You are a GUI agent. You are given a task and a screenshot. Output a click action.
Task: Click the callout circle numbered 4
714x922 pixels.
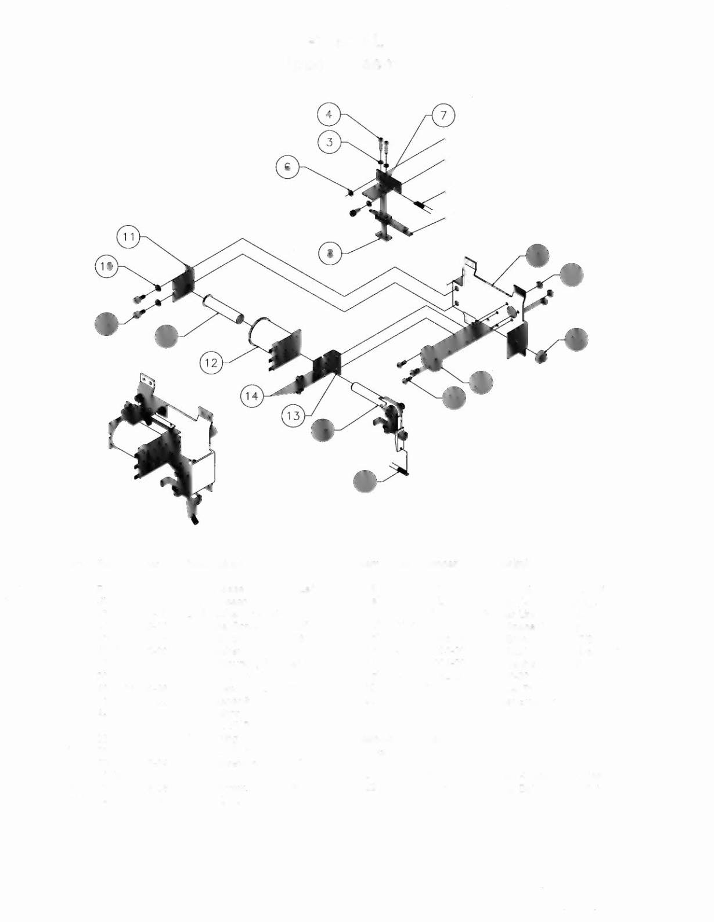329,114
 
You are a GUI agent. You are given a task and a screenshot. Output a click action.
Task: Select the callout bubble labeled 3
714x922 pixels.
330,142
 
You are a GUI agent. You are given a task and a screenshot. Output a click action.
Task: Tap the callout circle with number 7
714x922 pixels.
443,115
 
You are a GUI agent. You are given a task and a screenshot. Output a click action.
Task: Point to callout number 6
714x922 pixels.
287,167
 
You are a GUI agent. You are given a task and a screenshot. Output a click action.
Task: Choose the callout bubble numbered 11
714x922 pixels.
129,237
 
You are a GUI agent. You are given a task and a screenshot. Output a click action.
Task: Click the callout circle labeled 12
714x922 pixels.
211,363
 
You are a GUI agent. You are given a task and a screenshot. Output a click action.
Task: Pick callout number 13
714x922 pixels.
294,415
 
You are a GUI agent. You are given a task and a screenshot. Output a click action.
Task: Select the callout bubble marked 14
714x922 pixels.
251,396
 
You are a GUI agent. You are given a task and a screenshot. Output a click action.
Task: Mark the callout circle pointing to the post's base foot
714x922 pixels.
330,253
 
